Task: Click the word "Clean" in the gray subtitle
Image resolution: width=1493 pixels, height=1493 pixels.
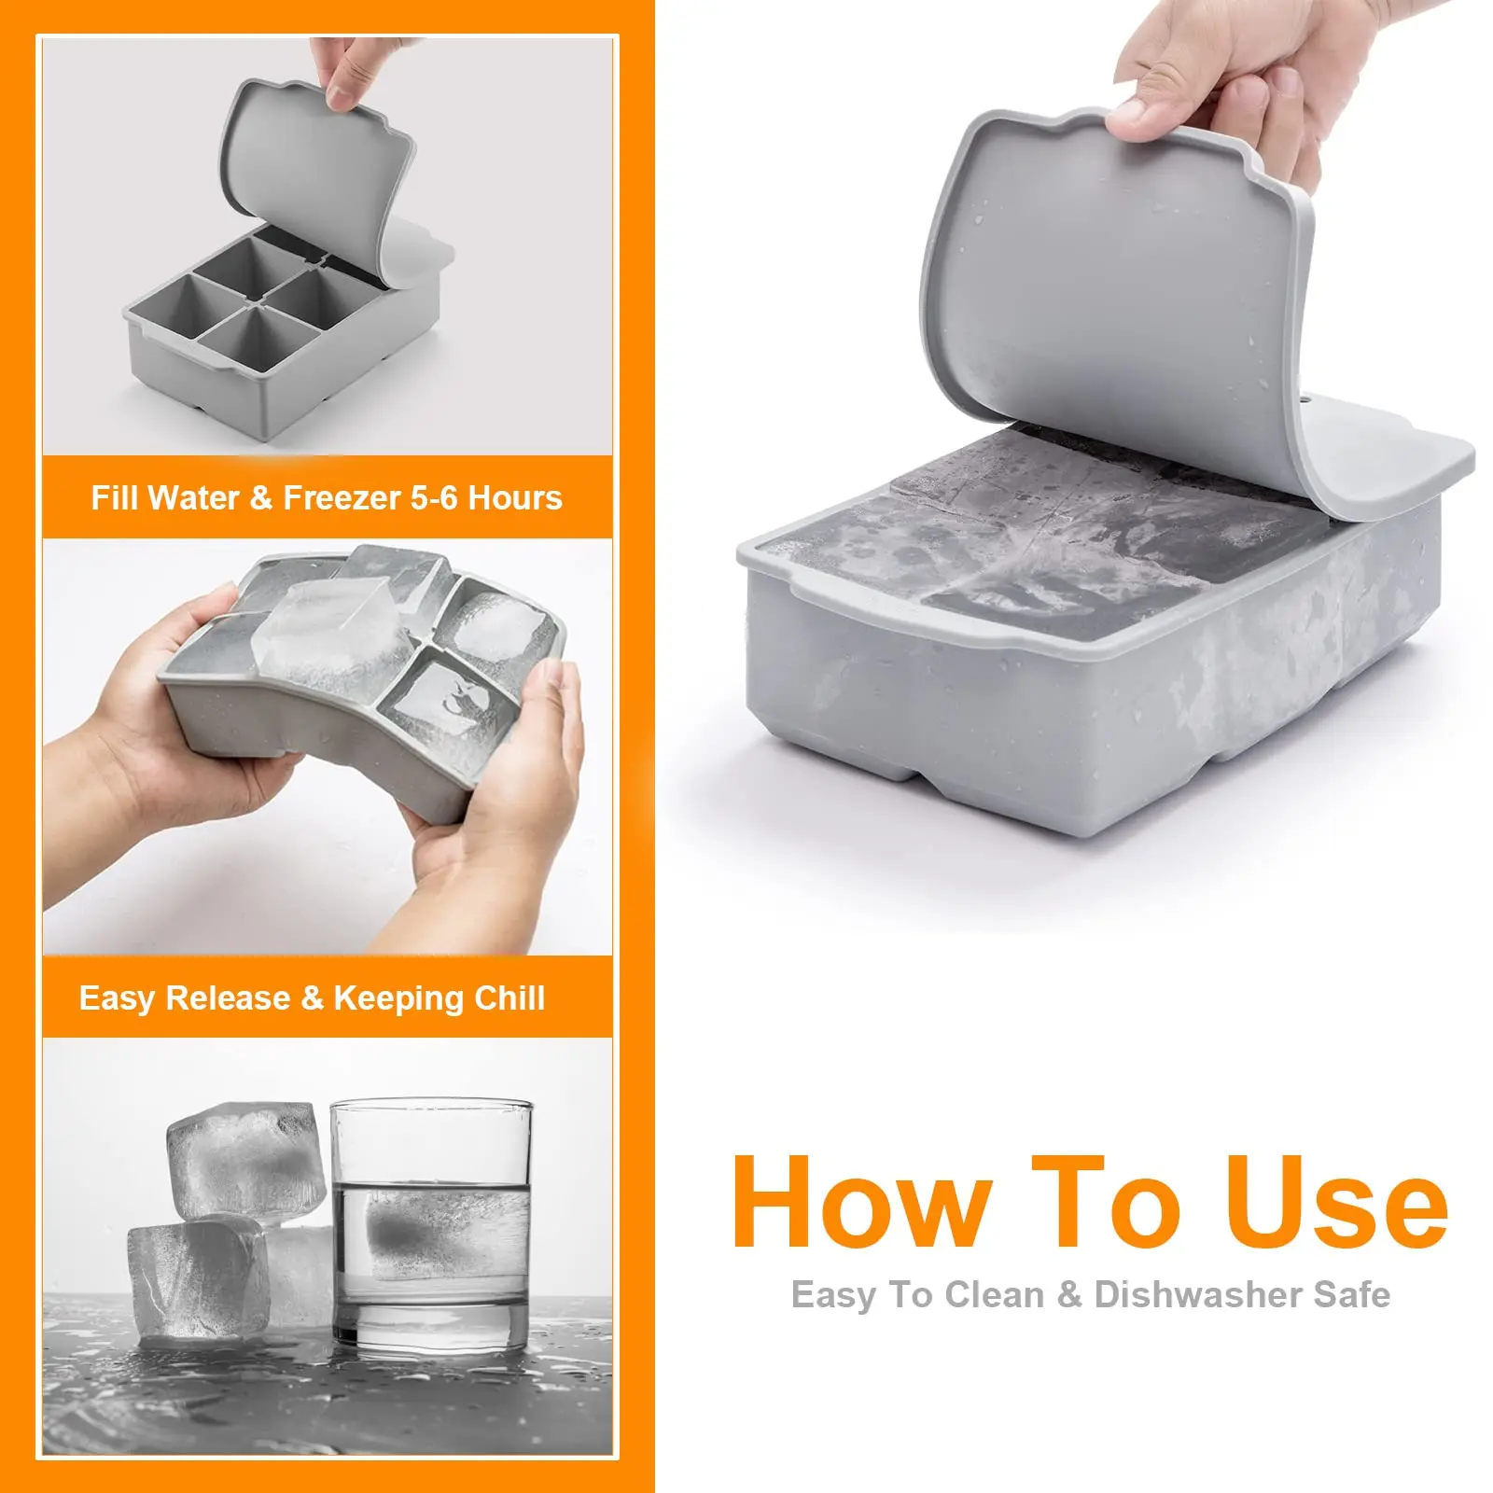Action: [993, 1295]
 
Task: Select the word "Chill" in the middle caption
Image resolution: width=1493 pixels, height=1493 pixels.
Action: [509, 998]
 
